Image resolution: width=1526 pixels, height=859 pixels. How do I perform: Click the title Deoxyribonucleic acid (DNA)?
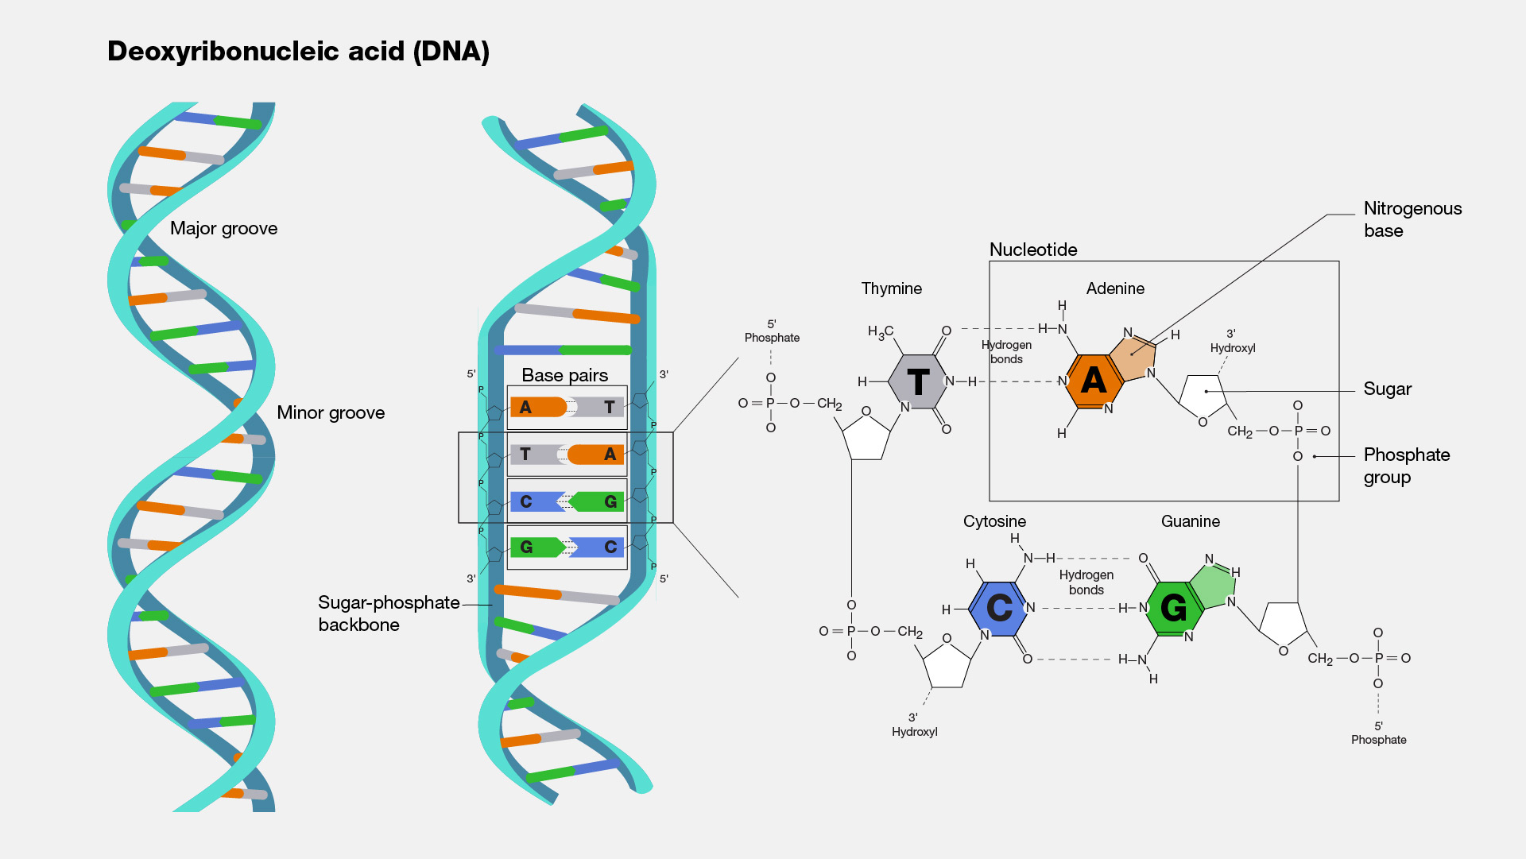(298, 52)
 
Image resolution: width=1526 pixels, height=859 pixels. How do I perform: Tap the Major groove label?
(223, 229)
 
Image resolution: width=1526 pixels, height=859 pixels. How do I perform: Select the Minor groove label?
(331, 413)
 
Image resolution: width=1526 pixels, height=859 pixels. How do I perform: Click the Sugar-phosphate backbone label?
(388, 613)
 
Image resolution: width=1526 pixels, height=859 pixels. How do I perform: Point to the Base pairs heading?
(564, 375)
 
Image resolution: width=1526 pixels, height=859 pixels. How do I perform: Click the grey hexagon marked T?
(917, 382)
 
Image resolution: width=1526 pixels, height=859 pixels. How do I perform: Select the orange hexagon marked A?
(1094, 381)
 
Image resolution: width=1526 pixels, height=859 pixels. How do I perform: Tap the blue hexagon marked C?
(999, 609)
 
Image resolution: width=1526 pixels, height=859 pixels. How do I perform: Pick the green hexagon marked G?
(1173, 609)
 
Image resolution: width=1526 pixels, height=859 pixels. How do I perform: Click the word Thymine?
(891, 288)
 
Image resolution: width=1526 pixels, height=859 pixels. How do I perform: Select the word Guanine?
(1190, 521)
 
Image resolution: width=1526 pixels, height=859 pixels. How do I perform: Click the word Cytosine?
(994, 521)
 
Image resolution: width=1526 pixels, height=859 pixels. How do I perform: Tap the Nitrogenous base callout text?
(1412, 219)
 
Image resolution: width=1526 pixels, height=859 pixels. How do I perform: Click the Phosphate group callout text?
(1406, 466)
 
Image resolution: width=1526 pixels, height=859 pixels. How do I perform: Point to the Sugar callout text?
(1387, 389)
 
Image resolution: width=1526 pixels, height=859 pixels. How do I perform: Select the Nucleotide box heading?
(1032, 250)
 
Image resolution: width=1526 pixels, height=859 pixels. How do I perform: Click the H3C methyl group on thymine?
(880, 332)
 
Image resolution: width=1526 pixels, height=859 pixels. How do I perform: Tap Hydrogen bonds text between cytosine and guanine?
(1086, 582)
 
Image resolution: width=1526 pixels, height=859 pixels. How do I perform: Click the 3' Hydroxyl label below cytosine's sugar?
(914, 725)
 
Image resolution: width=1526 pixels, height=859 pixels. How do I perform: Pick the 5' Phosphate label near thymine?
(772, 331)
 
